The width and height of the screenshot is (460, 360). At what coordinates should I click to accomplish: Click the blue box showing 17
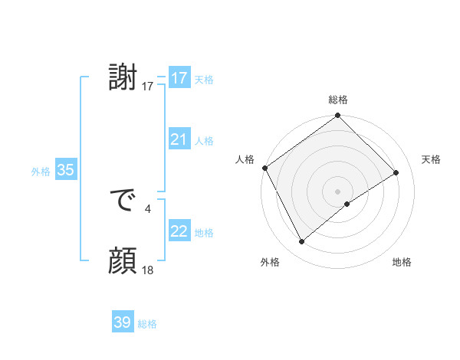179,78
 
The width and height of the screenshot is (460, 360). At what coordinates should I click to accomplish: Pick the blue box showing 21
179,139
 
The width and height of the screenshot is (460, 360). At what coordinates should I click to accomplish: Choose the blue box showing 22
179,231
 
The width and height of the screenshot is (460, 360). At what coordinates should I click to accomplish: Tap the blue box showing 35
65,170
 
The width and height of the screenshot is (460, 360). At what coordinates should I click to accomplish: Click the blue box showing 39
122,322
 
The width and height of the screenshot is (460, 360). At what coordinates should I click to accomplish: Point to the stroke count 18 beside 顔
148,270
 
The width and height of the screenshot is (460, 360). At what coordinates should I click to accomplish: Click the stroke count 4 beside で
148,208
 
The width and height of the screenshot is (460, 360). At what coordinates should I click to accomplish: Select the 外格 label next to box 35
41,172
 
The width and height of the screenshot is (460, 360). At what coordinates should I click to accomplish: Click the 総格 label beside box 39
147,324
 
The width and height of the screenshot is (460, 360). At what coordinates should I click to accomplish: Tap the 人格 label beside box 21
204,141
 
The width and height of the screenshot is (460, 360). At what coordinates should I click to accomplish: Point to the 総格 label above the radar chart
337,100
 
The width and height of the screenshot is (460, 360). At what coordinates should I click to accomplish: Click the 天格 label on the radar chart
431,159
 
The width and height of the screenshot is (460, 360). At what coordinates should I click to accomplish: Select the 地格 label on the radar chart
402,262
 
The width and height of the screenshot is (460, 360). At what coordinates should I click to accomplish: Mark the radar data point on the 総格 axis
337,116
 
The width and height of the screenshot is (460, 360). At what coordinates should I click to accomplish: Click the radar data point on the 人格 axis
264,168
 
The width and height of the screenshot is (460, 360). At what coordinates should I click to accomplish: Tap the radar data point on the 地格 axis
347,204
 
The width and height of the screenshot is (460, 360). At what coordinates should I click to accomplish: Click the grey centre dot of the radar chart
337,191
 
